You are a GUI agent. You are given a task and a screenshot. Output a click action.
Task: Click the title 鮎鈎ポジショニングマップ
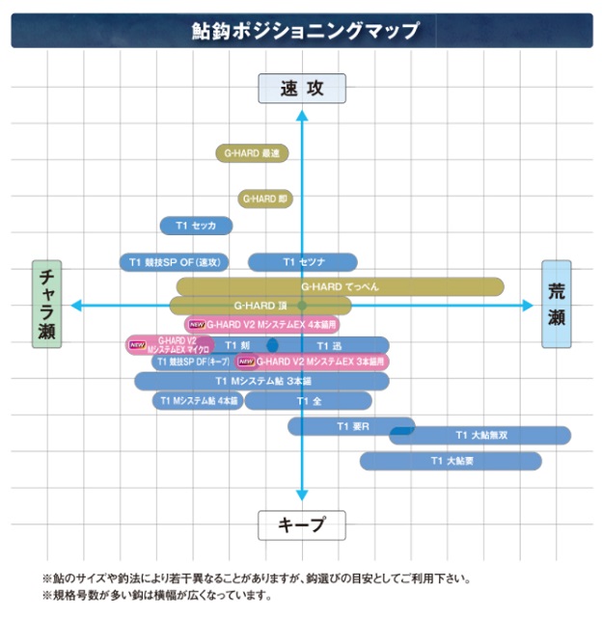point(301,31)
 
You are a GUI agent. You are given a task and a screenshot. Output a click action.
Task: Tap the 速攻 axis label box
point(301,89)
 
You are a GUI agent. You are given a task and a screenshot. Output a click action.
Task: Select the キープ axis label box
point(301,525)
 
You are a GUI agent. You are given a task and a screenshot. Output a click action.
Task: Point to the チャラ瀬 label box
point(46,304)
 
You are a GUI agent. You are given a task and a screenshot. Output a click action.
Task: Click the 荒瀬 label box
point(557,304)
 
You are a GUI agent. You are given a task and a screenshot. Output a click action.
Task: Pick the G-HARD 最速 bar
point(252,152)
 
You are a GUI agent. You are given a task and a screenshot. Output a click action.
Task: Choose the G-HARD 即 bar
point(265,200)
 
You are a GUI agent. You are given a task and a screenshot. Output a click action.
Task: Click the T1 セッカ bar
point(196,226)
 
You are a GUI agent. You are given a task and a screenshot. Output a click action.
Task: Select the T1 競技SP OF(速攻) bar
point(174,262)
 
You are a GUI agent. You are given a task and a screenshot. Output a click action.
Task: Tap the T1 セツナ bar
point(303,262)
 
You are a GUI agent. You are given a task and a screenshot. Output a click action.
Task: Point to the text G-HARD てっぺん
point(340,286)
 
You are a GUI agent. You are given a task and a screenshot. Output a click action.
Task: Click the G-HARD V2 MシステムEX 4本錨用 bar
point(268,325)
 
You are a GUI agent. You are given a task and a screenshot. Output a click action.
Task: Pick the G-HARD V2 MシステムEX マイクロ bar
point(170,344)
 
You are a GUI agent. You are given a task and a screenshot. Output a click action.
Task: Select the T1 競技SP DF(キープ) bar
point(191,362)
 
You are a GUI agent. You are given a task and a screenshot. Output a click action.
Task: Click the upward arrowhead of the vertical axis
point(301,116)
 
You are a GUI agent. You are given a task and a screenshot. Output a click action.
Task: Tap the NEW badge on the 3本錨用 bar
point(246,362)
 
